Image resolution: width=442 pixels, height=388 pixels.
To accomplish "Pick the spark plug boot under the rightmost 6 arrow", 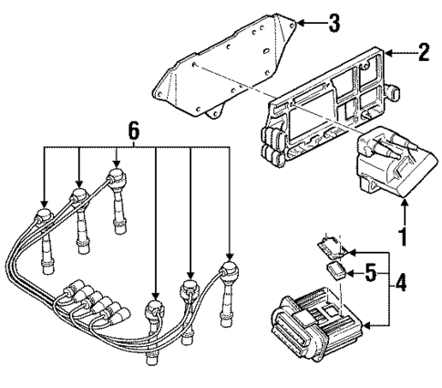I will point(228,274).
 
